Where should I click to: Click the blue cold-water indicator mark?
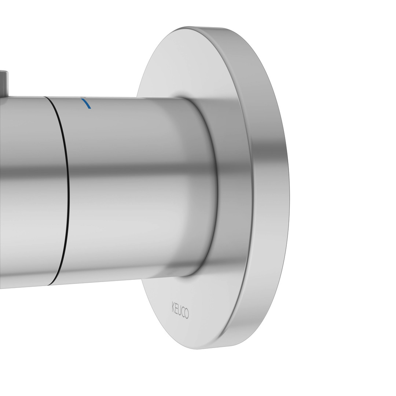click(86, 103)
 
